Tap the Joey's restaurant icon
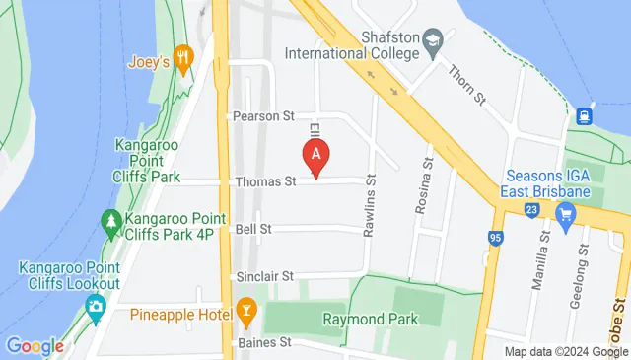point(181,56)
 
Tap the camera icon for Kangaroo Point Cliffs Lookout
point(95,308)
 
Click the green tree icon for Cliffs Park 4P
point(109,221)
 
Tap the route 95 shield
point(495,237)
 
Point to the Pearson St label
point(263,116)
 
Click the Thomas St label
point(265,181)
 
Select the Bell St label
point(253,229)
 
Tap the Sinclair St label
point(265,277)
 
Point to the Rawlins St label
point(372,193)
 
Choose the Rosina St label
point(428,178)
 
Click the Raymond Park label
point(370,320)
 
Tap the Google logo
point(35,346)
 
